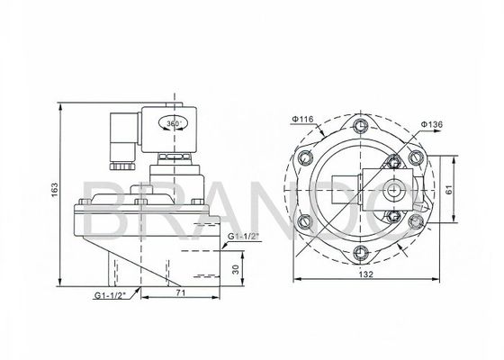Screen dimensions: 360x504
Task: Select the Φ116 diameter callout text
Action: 301,119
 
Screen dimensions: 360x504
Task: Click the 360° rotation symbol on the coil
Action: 173,123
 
